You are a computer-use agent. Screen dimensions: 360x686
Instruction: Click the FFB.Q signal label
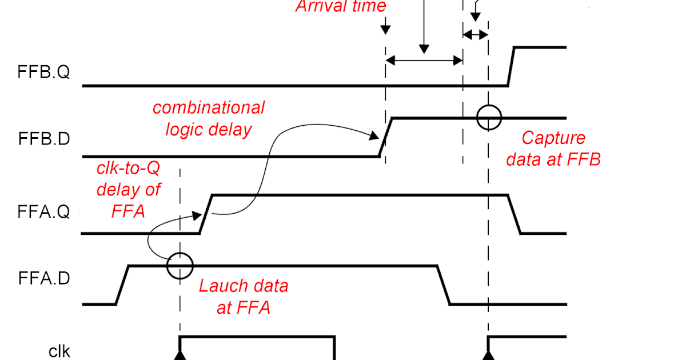click(x=44, y=73)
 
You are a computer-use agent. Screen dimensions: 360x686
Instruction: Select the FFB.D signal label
click(x=44, y=139)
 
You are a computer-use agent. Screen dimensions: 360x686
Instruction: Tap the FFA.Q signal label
click(x=44, y=212)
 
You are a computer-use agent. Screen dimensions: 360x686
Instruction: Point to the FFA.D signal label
click(x=44, y=279)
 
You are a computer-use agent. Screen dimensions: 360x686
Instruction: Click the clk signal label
click(x=59, y=350)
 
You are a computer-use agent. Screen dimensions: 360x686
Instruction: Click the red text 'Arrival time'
click(x=341, y=7)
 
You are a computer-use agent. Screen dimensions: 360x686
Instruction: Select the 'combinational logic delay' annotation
click(x=209, y=118)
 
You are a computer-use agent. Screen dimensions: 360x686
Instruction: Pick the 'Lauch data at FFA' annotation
click(x=244, y=297)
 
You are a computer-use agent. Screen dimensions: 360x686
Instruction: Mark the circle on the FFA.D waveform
click(x=180, y=266)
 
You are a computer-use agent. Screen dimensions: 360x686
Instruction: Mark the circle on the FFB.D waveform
click(x=488, y=118)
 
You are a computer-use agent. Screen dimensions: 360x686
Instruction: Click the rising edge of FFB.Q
click(x=512, y=66)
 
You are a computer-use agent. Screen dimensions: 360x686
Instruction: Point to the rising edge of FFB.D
click(x=386, y=137)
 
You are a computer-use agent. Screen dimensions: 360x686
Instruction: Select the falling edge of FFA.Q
click(x=514, y=214)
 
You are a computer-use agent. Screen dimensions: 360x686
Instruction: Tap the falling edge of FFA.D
click(x=443, y=285)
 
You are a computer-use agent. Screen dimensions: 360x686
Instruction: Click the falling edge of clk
click(x=334, y=349)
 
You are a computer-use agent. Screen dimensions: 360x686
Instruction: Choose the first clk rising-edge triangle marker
click(x=180, y=356)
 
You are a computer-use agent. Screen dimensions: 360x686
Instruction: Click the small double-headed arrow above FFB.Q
click(x=475, y=35)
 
